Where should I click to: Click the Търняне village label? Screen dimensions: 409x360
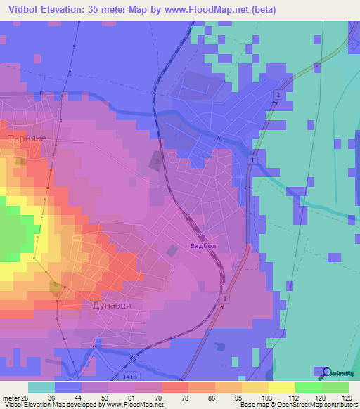[26, 138]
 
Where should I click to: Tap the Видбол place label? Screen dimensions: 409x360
[205, 247]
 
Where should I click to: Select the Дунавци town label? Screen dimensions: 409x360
[112, 306]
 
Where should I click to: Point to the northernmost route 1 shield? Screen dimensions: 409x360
[279, 95]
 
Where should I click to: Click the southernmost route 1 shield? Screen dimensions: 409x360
[224, 300]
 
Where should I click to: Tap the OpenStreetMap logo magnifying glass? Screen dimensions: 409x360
[326, 372]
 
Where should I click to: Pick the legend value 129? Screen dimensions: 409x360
[346, 397]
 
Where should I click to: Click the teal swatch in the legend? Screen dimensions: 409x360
[41, 387]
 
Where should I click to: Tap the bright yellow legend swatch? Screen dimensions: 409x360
[281, 387]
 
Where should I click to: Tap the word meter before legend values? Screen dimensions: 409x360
[11, 397]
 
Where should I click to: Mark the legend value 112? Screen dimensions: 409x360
[292, 397]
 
